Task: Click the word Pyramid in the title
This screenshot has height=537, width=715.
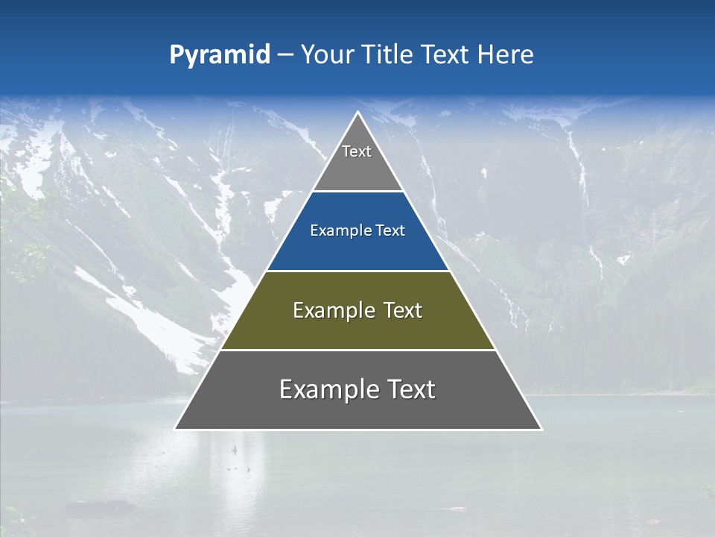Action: (x=220, y=55)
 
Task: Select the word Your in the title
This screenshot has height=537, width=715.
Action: (x=327, y=54)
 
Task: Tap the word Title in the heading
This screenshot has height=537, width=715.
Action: (x=388, y=54)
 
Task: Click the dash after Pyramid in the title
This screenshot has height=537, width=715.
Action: (x=285, y=55)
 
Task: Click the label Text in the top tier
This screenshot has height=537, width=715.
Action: (x=357, y=151)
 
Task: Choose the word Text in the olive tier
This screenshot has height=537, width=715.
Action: (x=403, y=310)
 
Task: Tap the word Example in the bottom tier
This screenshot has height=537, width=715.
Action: (x=328, y=389)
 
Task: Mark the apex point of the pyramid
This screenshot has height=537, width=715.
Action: (x=358, y=113)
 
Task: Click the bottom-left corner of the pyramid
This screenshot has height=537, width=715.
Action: (x=175, y=429)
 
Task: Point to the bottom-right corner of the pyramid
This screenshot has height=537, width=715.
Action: (x=541, y=429)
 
